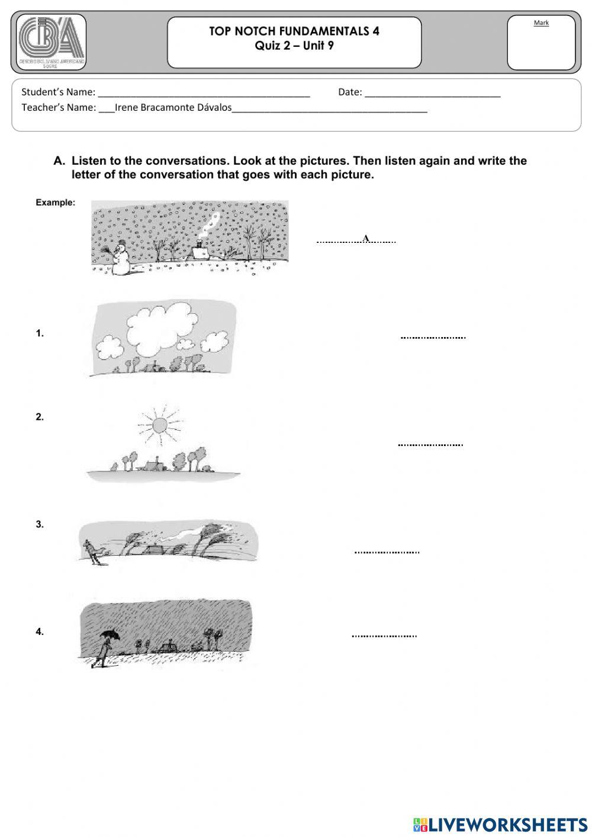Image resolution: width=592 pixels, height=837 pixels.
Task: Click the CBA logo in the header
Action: coord(52,41)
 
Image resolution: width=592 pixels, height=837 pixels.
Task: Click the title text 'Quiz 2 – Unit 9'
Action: coord(294,46)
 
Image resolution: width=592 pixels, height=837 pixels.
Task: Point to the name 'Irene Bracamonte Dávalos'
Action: coord(173,108)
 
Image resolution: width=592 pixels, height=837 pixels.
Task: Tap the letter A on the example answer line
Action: coord(366,238)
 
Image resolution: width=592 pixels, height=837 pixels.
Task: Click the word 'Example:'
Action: coord(55,203)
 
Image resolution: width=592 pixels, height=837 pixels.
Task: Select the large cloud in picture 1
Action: coord(157,329)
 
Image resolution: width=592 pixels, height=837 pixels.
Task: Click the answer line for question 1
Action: coord(433,337)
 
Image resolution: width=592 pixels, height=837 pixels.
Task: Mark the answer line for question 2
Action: coord(430,444)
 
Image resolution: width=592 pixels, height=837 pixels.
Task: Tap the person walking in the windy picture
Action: coord(92,553)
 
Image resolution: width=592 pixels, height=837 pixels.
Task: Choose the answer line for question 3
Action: coord(387,551)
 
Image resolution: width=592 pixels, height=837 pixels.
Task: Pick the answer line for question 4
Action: coord(384,636)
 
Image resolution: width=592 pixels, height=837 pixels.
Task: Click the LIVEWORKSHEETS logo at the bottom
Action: coord(500,825)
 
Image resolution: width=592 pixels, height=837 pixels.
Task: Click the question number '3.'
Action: coord(40,524)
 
